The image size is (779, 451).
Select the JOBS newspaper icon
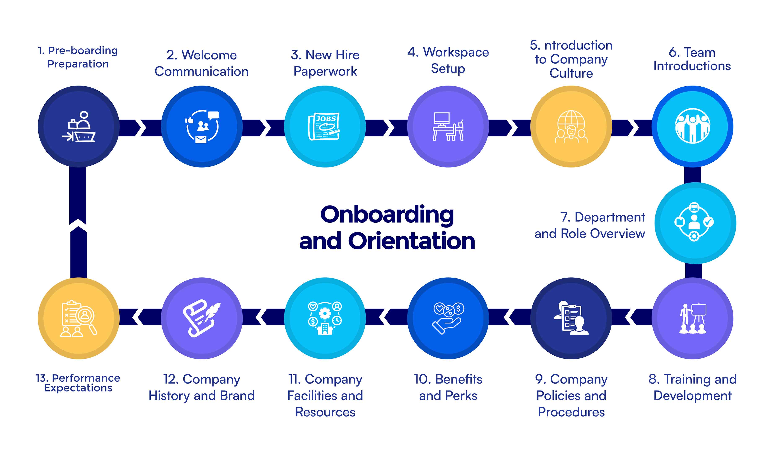point(324,126)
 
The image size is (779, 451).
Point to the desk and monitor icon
point(448,126)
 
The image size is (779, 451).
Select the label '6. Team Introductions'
point(692,59)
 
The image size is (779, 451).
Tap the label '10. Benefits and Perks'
point(448,387)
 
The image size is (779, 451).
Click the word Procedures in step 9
point(571,412)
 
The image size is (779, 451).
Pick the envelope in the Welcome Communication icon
point(201,139)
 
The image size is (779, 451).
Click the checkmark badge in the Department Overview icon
point(709,222)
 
